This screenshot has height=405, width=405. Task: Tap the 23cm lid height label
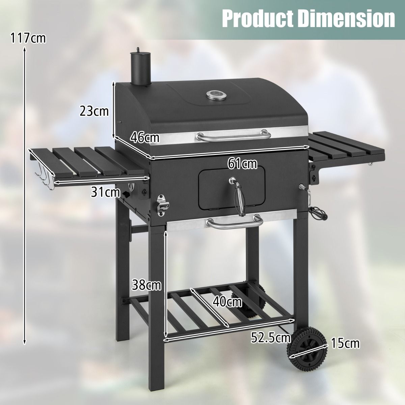tap(94, 110)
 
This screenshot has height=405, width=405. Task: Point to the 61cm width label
tap(242, 164)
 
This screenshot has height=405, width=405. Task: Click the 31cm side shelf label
tap(105, 192)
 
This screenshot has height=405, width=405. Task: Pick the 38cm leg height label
tap(146, 285)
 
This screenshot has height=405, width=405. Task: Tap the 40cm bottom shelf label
tap(227, 302)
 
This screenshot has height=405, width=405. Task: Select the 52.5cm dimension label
tap(271, 337)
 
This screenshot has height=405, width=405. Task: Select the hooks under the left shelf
tap(44, 174)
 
